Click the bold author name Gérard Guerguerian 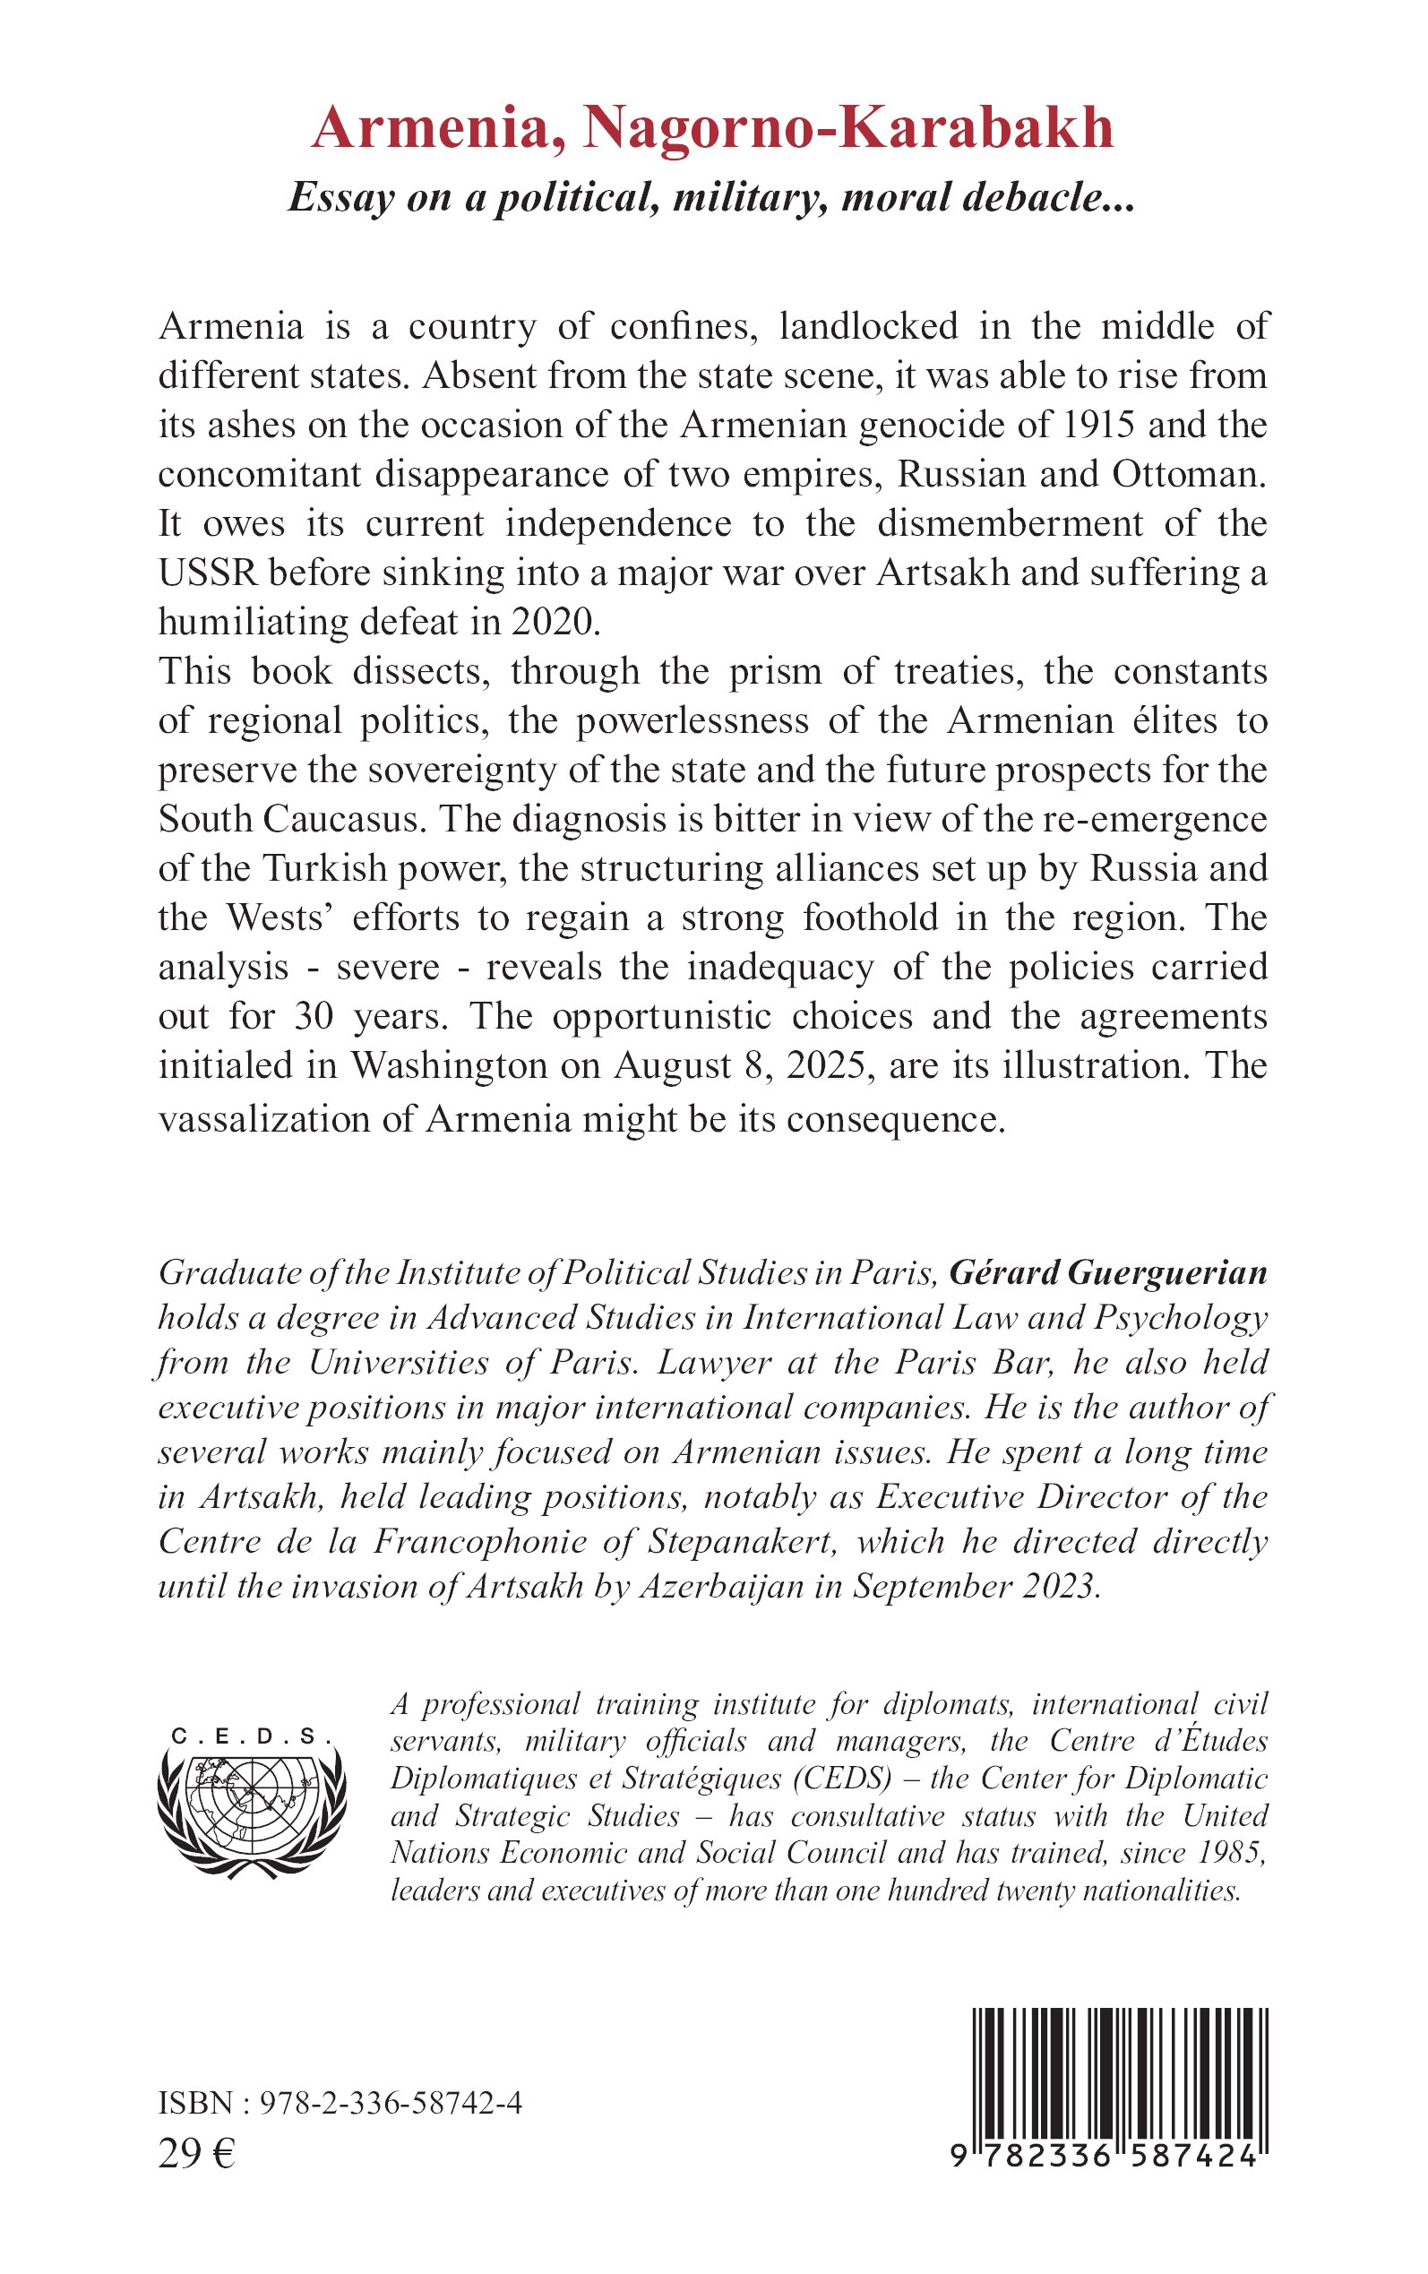click(x=1108, y=1273)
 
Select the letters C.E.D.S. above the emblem click(x=251, y=1736)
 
